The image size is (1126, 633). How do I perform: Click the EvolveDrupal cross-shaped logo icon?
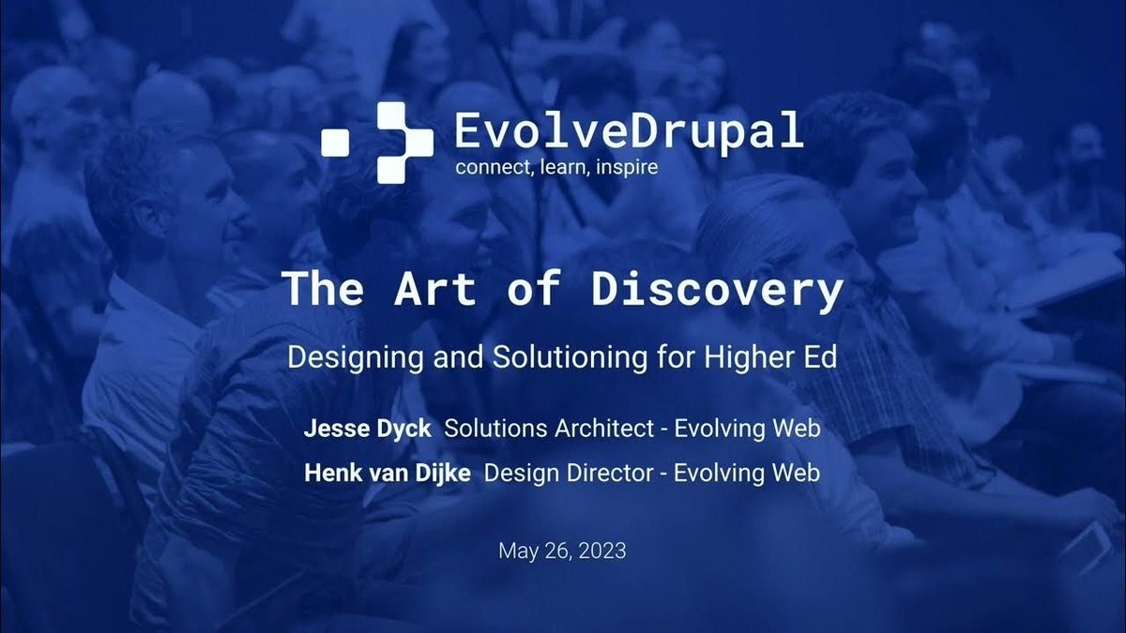point(377,142)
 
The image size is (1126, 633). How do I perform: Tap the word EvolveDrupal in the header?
point(629,131)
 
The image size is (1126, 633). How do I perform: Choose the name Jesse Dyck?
point(367,429)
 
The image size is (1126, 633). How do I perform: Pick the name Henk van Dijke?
point(388,474)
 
